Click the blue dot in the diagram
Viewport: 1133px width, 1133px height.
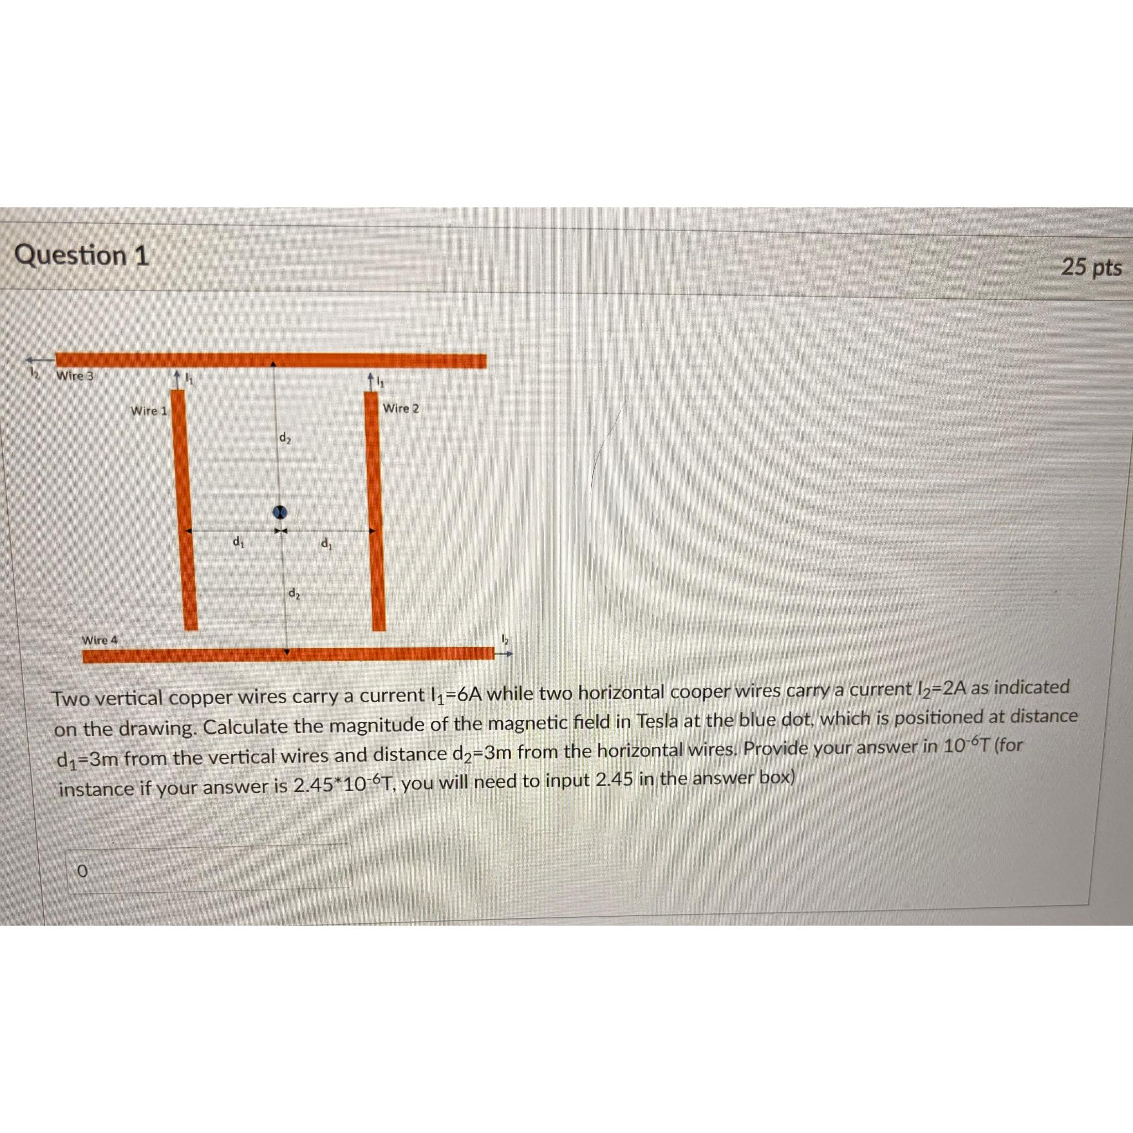[281, 511]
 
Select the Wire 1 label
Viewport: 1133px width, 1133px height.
[148, 410]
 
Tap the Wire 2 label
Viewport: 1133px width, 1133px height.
[401, 408]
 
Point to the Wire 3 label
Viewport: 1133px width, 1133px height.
[75, 375]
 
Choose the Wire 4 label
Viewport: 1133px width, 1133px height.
[99, 640]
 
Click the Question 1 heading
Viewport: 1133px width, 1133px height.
[81, 256]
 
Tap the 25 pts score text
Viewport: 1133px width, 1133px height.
[1092, 267]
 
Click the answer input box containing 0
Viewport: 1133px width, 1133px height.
[208, 869]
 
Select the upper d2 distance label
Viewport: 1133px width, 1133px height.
[284, 438]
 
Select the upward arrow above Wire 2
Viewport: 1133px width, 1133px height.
[371, 380]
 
